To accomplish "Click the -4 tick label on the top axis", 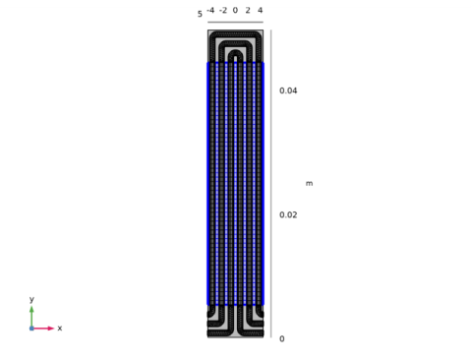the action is (210, 11).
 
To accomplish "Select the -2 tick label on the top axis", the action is (223, 11).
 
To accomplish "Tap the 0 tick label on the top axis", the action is (235, 11).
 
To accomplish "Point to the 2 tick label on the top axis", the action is (248, 11).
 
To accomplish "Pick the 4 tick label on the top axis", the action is (261, 11).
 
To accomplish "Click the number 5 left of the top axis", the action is (200, 14).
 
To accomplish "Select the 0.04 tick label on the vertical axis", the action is (288, 90).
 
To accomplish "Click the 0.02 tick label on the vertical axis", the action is (288, 215).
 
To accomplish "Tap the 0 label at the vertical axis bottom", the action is (282, 339).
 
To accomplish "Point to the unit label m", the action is (310, 184).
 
